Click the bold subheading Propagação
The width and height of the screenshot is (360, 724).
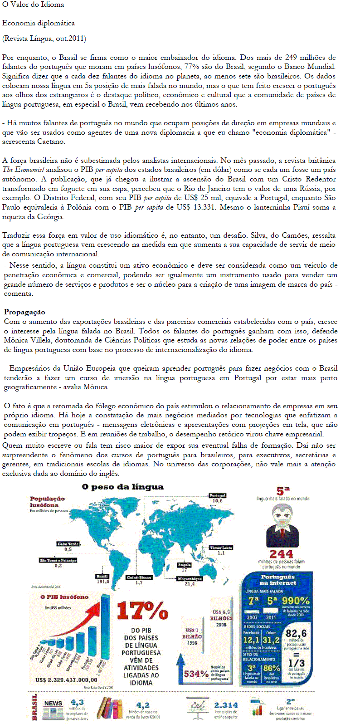[x=24, y=312]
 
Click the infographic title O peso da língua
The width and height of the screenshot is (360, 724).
[x=122, y=487]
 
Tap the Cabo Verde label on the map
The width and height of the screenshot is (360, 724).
[x=68, y=543]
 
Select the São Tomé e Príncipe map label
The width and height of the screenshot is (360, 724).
[x=58, y=560]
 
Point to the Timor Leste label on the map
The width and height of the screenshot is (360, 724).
[x=221, y=548]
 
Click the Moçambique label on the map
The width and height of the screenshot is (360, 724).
[x=190, y=579]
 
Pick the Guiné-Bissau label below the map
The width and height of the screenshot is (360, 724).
[x=139, y=577]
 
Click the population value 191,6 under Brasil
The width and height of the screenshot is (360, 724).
[x=102, y=582]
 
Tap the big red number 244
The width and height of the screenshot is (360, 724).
[x=281, y=554]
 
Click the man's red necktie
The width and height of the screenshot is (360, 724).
[x=283, y=530]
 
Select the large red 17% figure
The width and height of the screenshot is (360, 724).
[x=142, y=611]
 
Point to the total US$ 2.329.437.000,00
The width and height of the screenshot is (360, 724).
[x=66, y=680]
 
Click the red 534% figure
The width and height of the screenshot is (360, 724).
[x=196, y=674]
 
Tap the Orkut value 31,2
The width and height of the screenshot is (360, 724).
[x=271, y=640]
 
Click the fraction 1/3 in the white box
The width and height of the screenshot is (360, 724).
[x=296, y=663]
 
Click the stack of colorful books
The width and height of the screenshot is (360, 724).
[x=109, y=708]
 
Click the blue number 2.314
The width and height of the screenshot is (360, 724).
[x=226, y=705]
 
